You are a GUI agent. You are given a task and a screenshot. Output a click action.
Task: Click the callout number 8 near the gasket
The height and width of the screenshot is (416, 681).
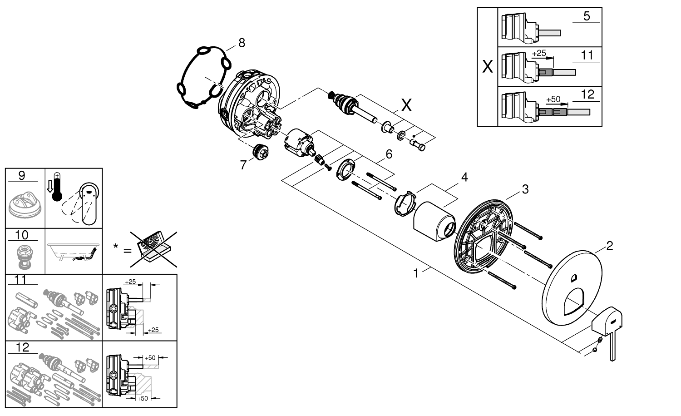(241, 43)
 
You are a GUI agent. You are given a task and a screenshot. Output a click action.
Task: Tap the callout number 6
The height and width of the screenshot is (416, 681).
(389, 154)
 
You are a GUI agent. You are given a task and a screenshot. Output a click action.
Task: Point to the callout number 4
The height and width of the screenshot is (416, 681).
(464, 177)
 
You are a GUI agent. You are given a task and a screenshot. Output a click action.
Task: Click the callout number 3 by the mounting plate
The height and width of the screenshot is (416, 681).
(525, 189)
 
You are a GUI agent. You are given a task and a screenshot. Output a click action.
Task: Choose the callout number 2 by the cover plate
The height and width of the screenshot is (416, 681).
(610, 246)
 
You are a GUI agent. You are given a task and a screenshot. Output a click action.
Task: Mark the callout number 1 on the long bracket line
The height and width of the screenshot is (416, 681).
(415, 273)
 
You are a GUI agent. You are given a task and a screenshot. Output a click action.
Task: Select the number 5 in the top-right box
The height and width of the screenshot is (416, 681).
(586, 16)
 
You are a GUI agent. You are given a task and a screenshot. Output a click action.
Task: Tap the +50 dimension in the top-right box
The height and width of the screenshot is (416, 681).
(553, 99)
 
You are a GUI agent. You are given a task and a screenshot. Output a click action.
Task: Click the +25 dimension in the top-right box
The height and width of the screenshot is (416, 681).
(539, 53)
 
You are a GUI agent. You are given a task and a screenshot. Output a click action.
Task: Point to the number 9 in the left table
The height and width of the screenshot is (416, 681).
(22, 175)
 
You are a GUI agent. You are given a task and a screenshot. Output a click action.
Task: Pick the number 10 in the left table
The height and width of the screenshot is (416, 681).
(22, 235)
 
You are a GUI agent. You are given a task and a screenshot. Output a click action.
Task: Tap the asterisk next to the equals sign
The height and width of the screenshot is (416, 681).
(116, 247)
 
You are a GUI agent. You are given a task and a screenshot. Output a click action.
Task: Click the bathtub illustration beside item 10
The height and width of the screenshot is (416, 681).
(72, 251)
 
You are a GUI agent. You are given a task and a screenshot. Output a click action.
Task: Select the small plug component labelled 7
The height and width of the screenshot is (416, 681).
(262, 151)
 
